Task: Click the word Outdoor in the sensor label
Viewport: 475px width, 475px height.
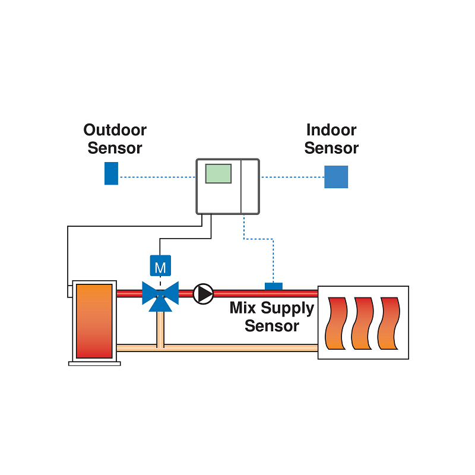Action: click(115, 130)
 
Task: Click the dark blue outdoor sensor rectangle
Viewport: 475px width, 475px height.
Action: click(111, 173)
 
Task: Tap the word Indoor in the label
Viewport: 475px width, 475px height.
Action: click(331, 130)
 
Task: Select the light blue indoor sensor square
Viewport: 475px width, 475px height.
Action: click(336, 177)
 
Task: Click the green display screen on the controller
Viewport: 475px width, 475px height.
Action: click(218, 173)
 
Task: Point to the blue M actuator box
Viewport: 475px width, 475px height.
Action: click(160, 267)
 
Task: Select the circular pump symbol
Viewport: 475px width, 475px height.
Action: click(204, 293)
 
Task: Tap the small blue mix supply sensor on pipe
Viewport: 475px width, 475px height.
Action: click(273, 286)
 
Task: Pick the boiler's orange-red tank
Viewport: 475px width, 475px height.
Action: click(94, 321)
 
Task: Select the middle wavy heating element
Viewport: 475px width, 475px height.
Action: click(363, 324)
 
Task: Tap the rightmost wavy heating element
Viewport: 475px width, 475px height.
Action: click(389, 324)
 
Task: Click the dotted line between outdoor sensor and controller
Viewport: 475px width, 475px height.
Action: click(157, 176)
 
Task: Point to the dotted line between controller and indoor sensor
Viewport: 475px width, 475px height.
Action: click(292, 176)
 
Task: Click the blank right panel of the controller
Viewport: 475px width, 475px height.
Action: click(250, 186)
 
